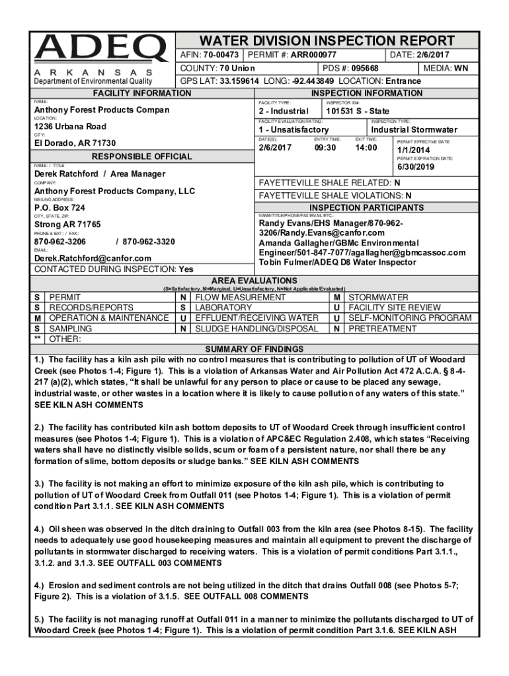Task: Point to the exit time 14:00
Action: (x=366, y=147)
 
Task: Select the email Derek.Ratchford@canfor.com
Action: (x=93, y=259)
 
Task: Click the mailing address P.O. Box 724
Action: (x=59, y=208)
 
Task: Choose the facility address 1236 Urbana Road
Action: (x=70, y=127)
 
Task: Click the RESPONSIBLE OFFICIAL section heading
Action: (x=142, y=157)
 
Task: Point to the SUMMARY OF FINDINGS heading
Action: (x=255, y=349)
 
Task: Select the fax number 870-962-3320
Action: (x=149, y=242)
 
